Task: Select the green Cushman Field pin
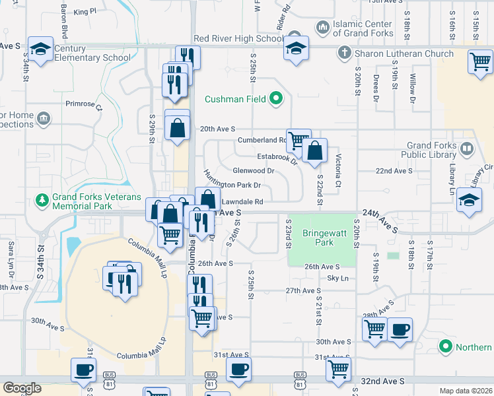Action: point(277,100)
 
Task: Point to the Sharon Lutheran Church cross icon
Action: point(343,53)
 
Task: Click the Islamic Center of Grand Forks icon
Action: point(323,28)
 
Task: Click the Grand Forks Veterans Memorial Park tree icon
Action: point(42,199)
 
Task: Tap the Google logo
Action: point(22,388)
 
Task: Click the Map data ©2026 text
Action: point(466,391)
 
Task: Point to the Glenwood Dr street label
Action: point(253,171)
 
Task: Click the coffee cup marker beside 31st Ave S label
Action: point(238,369)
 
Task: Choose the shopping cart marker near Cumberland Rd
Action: point(299,139)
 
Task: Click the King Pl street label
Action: point(85,11)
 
